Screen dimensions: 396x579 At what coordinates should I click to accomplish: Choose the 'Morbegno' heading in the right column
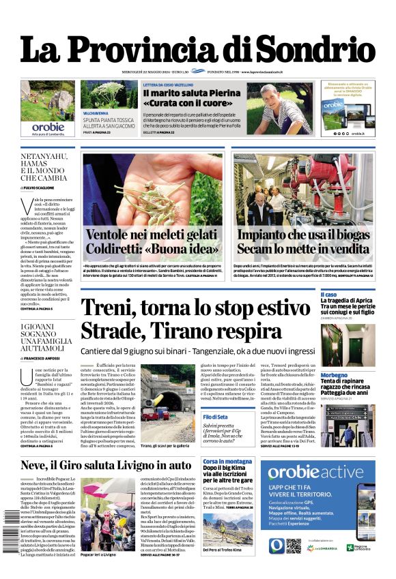354,375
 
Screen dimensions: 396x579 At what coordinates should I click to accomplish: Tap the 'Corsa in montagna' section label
227,462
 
